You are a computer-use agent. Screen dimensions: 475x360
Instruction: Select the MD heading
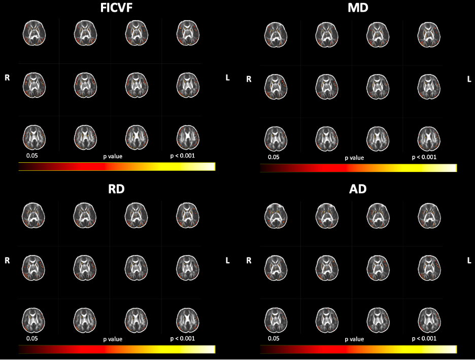pyautogui.click(x=359, y=9)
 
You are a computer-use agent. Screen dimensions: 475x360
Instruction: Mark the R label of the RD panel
pyautogui.click(x=8, y=261)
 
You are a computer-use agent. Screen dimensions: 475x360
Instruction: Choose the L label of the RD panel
pyautogui.click(x=227, y=261)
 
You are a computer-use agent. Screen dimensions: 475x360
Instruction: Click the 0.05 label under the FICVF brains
pyautogui.click(x=32, y=156)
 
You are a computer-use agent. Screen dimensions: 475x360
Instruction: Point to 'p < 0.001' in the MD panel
pyautogui.click(x=424, y=157)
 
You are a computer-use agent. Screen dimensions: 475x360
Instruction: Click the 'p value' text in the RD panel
pyautogui.click(x=113, y=339)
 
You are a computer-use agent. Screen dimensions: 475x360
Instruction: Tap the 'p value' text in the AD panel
pyautogui.click(x=354, y=339)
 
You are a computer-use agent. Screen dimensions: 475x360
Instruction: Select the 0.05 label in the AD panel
pyautogui.click(x=274, y=338)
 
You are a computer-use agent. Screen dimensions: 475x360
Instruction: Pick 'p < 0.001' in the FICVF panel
pyautogui.click(x=183, y=156)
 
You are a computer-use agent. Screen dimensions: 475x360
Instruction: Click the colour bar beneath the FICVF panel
pyautogui.click(x=117, y=167)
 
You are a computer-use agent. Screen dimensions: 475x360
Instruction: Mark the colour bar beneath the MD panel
pyautogui.click(x=358, y=168)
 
